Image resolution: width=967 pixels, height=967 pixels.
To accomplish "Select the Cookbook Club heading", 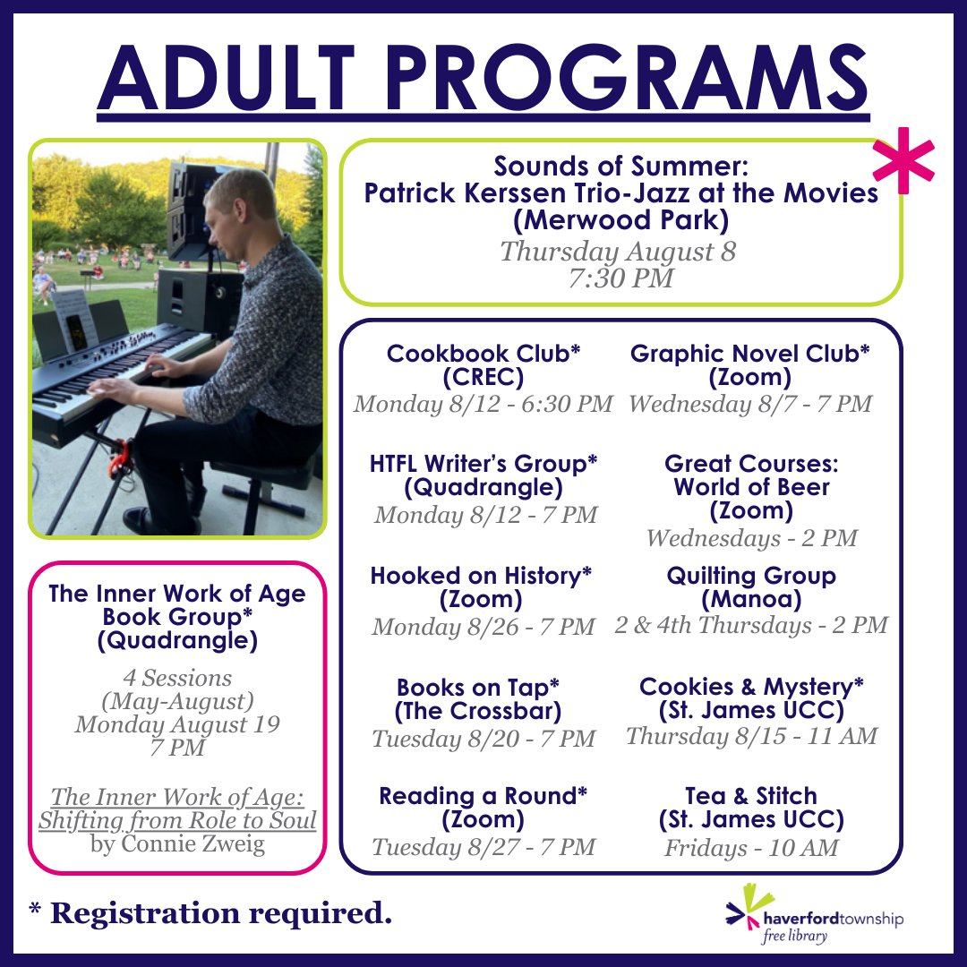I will pyautogui.click(x=483, y=355).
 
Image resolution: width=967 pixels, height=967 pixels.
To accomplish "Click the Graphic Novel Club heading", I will pyautogui.click(x=749, y=355).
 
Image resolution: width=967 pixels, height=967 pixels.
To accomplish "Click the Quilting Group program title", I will pyautogui.click(x=750, y=575).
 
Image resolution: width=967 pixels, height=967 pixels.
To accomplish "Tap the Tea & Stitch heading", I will pyautogui.click(x=750, y=795).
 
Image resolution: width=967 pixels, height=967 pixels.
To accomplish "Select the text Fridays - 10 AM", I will pyautogui.click(x=750, y=847).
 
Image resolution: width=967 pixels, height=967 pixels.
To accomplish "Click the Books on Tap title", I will pyautogui.click(x=483, y=688).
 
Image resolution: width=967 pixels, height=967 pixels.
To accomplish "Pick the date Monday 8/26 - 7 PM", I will pyautogui.click(x=483, y=627).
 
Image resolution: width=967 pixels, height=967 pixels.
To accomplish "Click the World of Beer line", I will pyautogui.click(x=750, y=488).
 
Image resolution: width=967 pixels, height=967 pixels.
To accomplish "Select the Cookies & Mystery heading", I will pyautogui.click(x=750, y=687).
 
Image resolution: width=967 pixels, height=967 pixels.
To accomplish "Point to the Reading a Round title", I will pyautogui.click(x=483, y=795).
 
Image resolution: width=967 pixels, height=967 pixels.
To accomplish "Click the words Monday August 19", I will pyautogui.click(x=177, y=723).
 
